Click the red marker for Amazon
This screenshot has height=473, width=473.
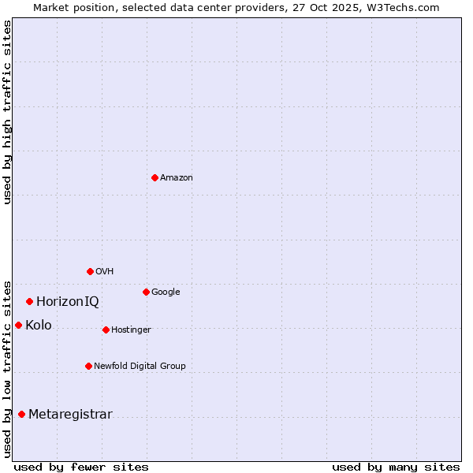pyautogui.click(x=155, y=177)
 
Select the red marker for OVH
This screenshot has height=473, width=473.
pyautogui.click(x=90, y=271)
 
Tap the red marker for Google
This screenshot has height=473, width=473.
pyautogui.click(x=146, y=292)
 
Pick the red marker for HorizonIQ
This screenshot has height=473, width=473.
pyautogui.click(x=29, y=301)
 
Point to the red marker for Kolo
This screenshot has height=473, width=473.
pyautogui.click(x=18, y=325)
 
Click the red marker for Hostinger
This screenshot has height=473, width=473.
pyautogui.click(x=106, y=330)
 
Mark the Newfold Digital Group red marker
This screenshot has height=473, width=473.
pyautogui.click(x=88, y=366)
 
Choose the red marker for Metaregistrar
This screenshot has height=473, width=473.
pyautogui.click(x=21, y=414)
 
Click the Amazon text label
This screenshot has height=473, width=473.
pyautogui.click(x=177, y=178)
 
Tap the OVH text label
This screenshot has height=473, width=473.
pyautogui.click(x=105, y=272)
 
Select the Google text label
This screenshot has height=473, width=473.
pyautogui.click(x=166, y=292)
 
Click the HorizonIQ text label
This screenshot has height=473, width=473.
pyautogui.click(x=68, y=302)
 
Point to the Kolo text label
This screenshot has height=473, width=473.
pyautogui.click(x=39, y=326)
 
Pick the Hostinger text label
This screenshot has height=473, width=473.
pyautogui.click(x=131, y=330)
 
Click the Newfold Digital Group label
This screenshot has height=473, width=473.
pyautogui.click(x=140, y=367)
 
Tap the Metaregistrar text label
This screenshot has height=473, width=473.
pyautogui.click(x=70, y=415)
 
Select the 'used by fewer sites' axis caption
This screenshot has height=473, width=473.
pyautogui.click(x=81, y=467)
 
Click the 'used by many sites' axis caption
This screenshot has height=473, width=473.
pyautogui.click(x=396, y=467)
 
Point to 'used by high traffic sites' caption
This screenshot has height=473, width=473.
pyautogui.click(x=7, y=112)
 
